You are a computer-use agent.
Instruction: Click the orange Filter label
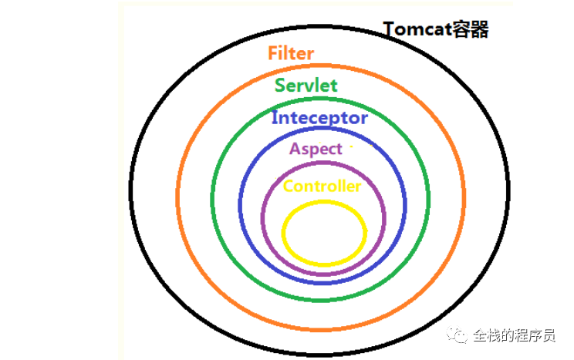point(291,53)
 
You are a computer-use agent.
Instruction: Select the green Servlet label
point(306,85)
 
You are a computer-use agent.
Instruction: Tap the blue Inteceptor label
point(319,119)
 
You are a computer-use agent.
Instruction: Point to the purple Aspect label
point(316,149)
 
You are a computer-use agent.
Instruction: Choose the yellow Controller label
point(322,187)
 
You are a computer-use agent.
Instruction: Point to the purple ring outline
point(263,216)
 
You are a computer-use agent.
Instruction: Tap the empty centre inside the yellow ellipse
point(324,233)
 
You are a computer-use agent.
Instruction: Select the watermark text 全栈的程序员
point(514,335)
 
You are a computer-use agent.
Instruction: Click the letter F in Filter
point(273,53)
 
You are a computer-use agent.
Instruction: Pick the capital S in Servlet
point(280,85)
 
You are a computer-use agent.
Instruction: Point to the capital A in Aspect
point(295,149)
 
